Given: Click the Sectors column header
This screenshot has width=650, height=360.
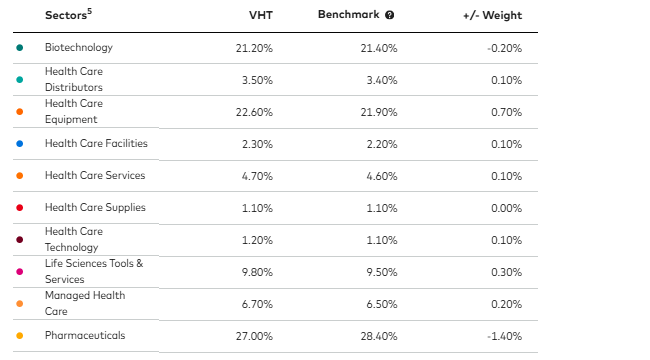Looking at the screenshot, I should [69, 16].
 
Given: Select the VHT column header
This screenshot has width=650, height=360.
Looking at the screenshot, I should [260, 16].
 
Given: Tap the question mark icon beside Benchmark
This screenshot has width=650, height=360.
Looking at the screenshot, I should [389, 16].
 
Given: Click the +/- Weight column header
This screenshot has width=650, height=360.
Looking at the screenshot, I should [492, 16].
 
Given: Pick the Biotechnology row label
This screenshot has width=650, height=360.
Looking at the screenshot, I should [79, 47].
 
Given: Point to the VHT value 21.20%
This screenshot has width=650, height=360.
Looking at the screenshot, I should [254, 47].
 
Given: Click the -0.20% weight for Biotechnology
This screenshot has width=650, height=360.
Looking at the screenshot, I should [502, 47].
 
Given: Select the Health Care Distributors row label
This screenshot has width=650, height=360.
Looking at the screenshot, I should [74, 79].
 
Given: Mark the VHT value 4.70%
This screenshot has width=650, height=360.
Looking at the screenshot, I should [256, 176].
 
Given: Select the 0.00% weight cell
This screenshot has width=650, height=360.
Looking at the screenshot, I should [504, 208].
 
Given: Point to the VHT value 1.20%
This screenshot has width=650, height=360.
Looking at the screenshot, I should [256, 240].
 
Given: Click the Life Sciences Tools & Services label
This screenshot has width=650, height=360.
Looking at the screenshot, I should [94, 271].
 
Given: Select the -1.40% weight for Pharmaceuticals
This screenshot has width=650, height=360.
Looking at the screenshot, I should [502, 336].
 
